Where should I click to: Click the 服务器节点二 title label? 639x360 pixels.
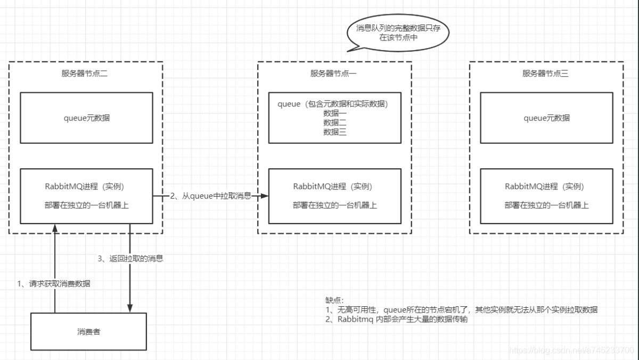coord(85,73)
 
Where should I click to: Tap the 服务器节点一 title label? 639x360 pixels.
coord(333,73)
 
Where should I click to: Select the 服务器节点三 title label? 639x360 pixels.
coord(545,73)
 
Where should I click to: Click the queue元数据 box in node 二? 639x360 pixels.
coord(86,118)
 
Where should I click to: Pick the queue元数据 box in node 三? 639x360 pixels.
coord(546,118)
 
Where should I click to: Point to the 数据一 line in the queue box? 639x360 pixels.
coord(335,113)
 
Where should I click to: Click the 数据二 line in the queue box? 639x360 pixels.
coord(335,122)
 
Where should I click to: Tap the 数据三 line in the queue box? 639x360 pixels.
coord(335,132)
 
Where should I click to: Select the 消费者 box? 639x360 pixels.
coord(88,332)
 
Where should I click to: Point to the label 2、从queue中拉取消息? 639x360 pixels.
coord(211,196)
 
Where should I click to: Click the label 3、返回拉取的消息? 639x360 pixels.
coord(130,259)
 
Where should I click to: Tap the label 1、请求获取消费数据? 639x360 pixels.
coord(53,283)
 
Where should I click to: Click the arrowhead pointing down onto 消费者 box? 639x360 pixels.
coord(130,309)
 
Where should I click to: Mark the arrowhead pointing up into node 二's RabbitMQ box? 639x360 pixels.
coord(55,227)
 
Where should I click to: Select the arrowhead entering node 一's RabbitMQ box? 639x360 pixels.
coord(265,196)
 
